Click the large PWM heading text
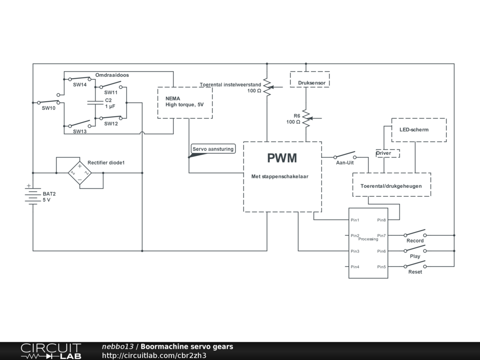click(282, 158)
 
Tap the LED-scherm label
click(414, 130)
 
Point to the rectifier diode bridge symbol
click(79, 173)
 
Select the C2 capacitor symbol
click(95, 103)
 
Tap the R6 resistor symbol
click(306, 119)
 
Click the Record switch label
click(415, 241)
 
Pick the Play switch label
click(415, 256)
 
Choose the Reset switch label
click(415, 272)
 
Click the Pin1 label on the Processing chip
click(355, 220)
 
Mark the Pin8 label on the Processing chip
click(382, 220)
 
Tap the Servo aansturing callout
click(213, 149)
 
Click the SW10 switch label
click(48, 108)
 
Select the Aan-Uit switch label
click(345, 163)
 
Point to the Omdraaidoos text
click(112, 75)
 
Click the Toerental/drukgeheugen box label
click(391, 186)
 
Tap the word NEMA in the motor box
click(172, 99)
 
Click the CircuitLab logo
click(51, 351)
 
